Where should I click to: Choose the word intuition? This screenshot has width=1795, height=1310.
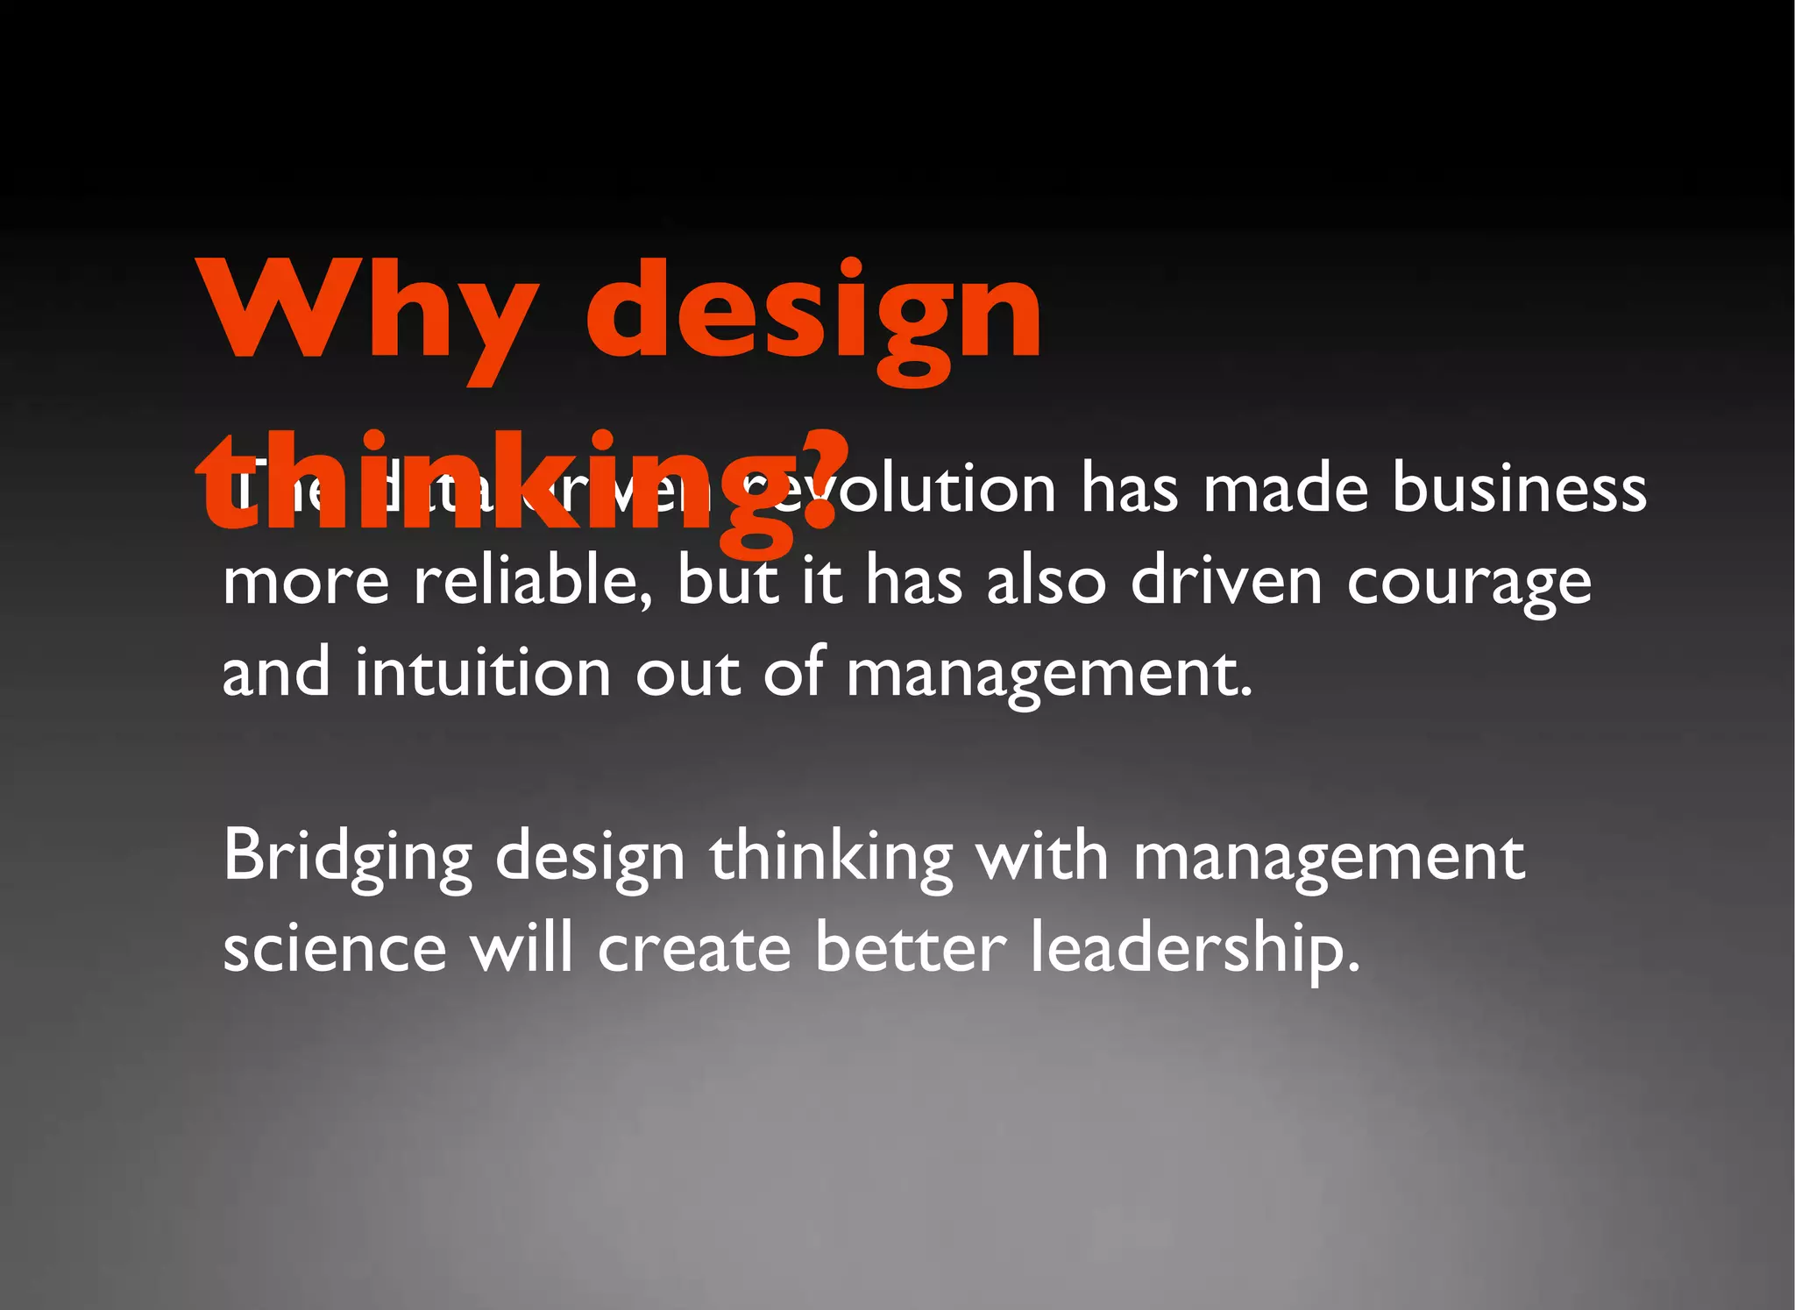click(482, 672)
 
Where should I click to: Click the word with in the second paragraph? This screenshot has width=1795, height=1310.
click(1043, 855)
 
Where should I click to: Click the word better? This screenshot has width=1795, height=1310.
click(911, 947)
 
